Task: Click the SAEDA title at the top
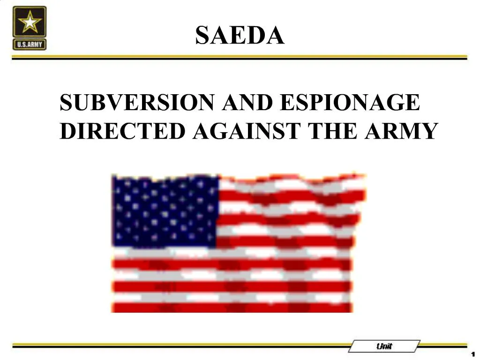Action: (x=240, y=35)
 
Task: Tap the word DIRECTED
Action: (x=123, y=131)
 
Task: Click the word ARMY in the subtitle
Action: (x=401, y=131)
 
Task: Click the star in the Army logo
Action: (x=30, y=22)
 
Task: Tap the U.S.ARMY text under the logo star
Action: (x=30, y=45)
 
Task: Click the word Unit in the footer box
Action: (x=384, y=346)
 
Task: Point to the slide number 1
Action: (x=473, y=354)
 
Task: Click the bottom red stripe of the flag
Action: (x=232, y=307)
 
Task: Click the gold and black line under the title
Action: (x=240, y=57)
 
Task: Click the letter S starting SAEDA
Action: (x=202, y=35)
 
